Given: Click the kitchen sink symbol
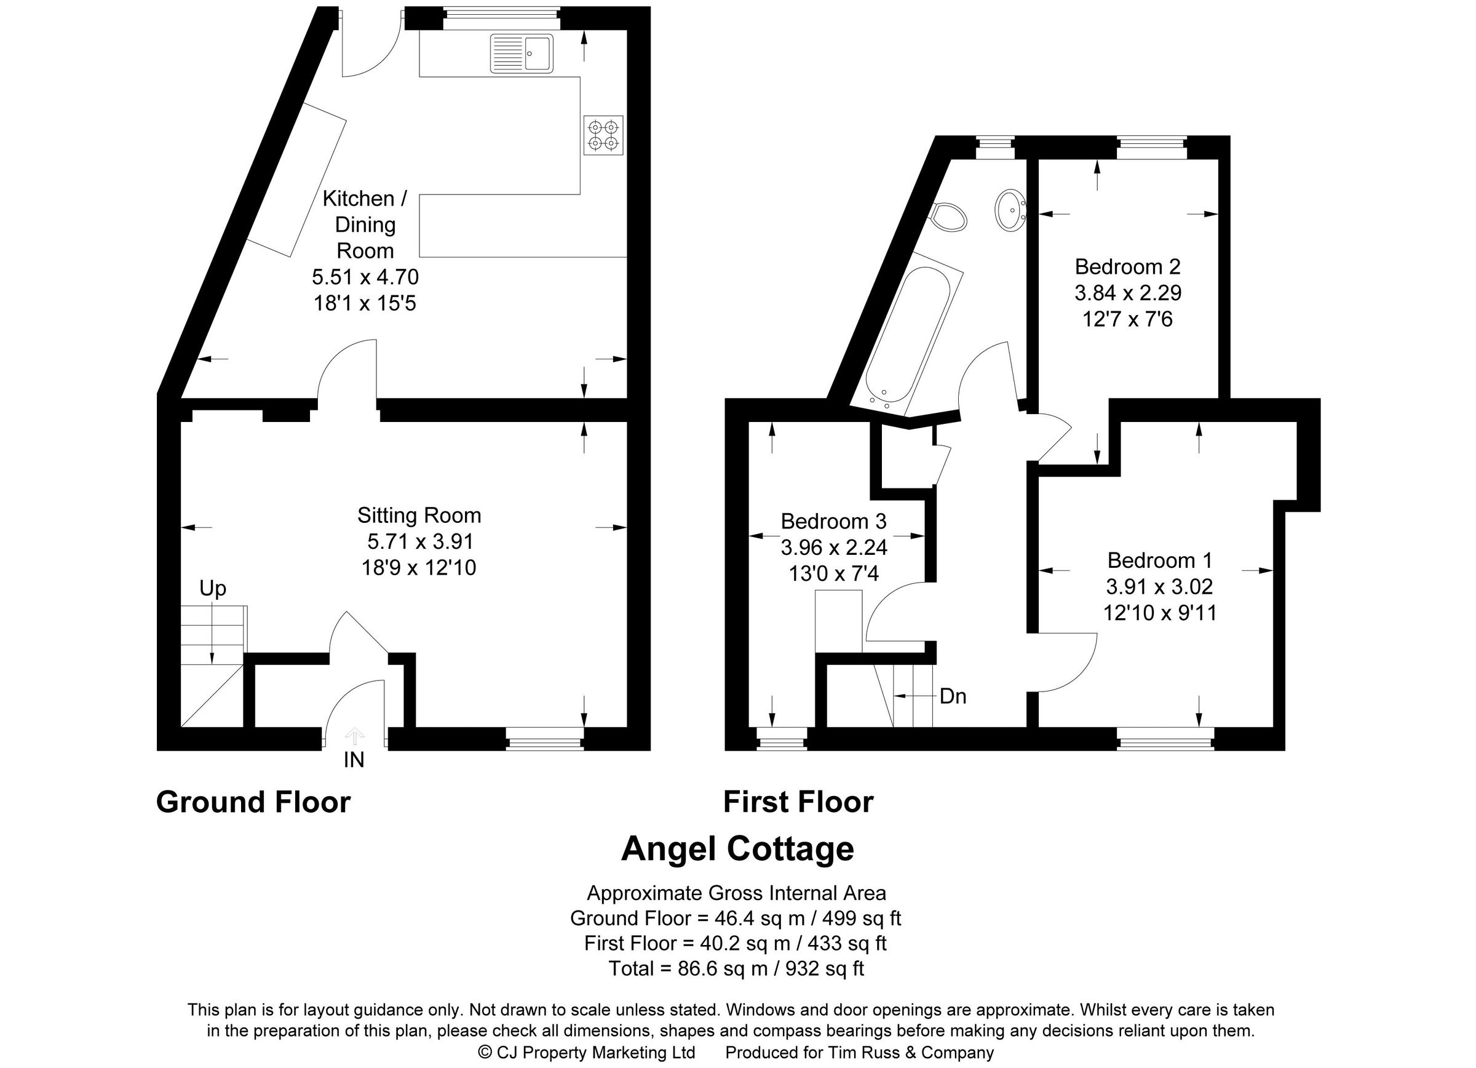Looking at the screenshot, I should tap(522, 53).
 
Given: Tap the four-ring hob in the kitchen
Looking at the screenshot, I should tap(603, 135).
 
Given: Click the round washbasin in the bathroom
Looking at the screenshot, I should tap(1010, 210).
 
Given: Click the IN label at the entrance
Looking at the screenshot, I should tap(354, 760).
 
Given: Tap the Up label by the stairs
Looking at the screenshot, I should tap(213, 588).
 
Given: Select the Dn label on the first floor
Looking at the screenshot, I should tap(953, 697).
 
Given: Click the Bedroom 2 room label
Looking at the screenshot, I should tap(1127, 267).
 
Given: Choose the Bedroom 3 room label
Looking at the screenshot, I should tap(834, 521).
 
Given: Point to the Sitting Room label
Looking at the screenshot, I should tap(419, 516).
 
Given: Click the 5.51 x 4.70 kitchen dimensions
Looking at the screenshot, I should tap(365, 277).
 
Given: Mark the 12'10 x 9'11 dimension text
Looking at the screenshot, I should tap(1160, 613).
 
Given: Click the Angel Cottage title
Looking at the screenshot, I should tap(737, 850).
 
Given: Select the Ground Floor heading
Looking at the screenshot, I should tap(253, 802).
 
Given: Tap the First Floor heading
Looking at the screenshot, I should tap(798, 802).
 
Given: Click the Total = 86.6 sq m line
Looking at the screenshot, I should tap(736, 968).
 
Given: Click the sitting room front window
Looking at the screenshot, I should tap(545, 739).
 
